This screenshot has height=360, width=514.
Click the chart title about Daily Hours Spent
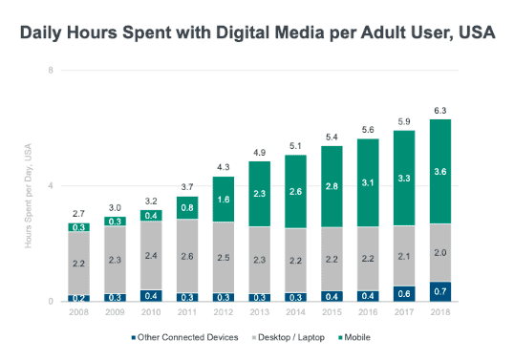[x=257, y=33]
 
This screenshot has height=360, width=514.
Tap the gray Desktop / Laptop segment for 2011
[x=186, y=256]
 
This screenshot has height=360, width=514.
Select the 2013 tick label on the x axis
[x=260, y=311]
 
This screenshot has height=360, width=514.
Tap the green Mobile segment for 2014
[x=296, y=191]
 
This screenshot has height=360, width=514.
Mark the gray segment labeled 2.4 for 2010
[x=150, y=256]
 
